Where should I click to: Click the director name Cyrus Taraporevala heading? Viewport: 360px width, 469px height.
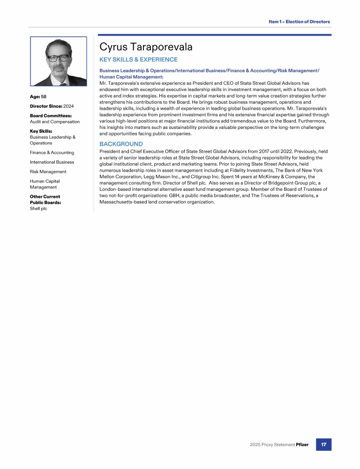pos(146,47)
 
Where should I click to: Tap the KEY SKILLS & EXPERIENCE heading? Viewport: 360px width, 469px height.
pos(138,60)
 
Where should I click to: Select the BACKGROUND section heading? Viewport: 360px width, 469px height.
pos(121,144)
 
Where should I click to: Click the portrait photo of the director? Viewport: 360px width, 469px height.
pos(59,61)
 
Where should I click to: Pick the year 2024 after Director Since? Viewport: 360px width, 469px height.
pos(69,106)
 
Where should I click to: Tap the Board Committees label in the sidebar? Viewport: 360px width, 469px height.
pos(51,115)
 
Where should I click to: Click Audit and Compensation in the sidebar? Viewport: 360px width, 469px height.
pos(55,121)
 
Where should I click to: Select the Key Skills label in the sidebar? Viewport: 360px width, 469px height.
pos(41,131)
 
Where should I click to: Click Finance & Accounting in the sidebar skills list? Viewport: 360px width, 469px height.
pos(52,152)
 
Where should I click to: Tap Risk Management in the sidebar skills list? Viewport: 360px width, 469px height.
pos(48,172)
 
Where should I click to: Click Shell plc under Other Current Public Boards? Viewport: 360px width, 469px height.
pos(38,209)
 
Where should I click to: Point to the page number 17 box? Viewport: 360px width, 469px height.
pos(323,444)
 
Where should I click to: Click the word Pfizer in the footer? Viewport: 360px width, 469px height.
pos(302,445)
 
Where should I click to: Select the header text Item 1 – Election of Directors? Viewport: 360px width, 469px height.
pos(299,22)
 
